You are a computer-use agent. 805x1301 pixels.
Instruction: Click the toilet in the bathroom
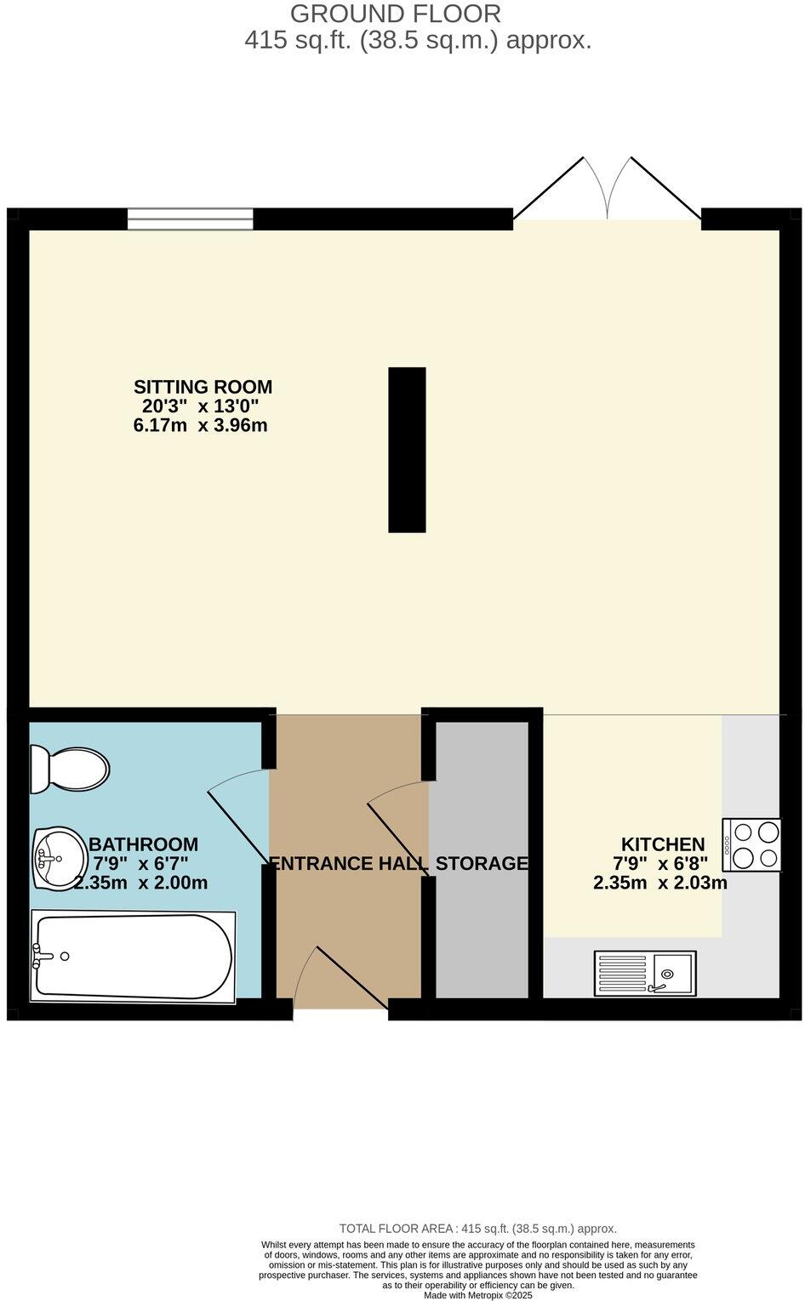[x=69, y=769]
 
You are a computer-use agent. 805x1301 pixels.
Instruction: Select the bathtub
[x=133, y=957]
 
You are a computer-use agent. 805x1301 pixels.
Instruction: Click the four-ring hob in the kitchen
[x=752, y=844]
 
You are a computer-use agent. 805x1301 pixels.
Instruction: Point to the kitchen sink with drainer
[x=645, y=973]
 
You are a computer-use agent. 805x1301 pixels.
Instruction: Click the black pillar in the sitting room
[x=407, y=450]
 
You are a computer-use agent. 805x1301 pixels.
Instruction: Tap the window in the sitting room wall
[x=191, y=219]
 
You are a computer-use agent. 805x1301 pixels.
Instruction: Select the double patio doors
[x=607, y=191]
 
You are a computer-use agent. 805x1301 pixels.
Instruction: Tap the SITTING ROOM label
[x=203, y=387]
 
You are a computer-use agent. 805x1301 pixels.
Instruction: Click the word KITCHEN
[x=663, y=844]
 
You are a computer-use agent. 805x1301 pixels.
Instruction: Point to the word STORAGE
[x=482, y=864]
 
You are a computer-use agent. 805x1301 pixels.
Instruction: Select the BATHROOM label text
[x=143, y=844]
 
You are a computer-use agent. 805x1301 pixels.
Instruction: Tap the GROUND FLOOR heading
[x=396, y=14]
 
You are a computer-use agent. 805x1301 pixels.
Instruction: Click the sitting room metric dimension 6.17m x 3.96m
[x=201, y=425]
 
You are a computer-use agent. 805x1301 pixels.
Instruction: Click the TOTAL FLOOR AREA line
[x=477, y=1228]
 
